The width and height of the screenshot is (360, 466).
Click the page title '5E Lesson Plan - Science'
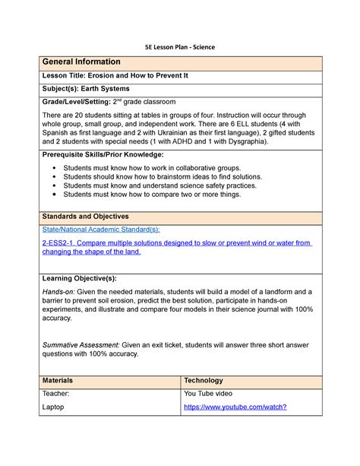coord(181,47)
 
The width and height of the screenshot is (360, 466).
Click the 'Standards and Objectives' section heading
coord(85,217)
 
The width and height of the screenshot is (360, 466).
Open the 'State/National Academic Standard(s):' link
coord(100,229)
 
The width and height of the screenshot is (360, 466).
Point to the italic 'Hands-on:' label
coord(58,291)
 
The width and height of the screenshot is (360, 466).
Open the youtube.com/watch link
coord(235,407)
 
